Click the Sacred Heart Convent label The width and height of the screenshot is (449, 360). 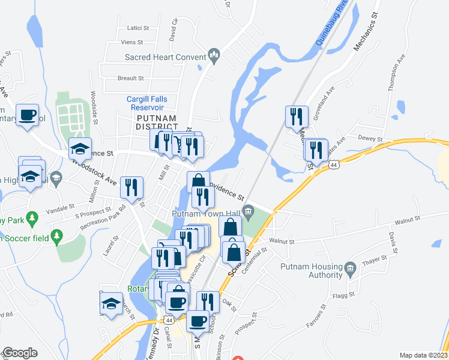pyautogui.click(x=165, y=58)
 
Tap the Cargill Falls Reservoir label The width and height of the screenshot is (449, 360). pyautogui.click(x=146, y=103)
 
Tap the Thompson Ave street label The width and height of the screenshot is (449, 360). pyautogui.click(x=397, y=72)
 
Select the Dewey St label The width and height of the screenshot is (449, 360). pyautogui.click(x=370, y=139)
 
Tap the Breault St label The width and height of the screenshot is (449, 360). pyautogui.click(x=131, y=78)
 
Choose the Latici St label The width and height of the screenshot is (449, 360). pyautogui.click(x=137, y=28)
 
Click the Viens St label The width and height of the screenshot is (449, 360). pyautogui.click(x=133, y=43)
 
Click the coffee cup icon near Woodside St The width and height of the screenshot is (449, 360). pyautogui.click(x=27, y=115)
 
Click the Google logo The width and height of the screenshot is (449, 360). pyautogui.click(x=20, y=353)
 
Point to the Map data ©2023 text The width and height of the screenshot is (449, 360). pyautogui.click(x=423, y=355)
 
